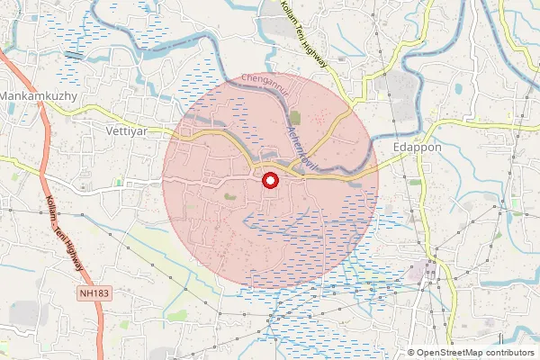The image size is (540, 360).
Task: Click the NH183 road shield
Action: [88, 292]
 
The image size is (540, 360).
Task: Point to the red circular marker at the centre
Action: [269, 181]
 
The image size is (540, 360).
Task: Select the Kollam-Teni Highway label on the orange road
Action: [64, 234]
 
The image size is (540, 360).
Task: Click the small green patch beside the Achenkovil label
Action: [295, 118]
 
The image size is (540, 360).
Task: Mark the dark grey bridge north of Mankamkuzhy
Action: [74, 56]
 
